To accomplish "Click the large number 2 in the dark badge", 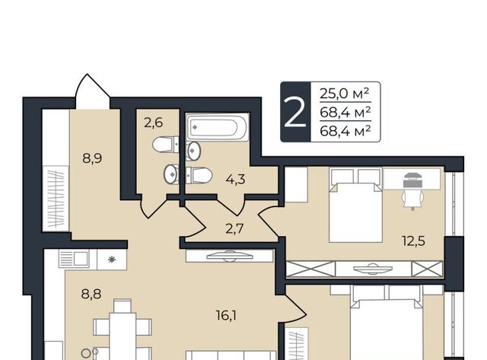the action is pyautogui.click(x=294, y=113).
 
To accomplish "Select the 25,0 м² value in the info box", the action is pyautogui.click(x=345, y=93).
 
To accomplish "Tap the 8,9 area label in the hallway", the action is pyautogui.click(x=92, y=159).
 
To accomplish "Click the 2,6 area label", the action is pyautogui.click(x=153, y=123).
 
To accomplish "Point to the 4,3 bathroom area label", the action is pyautogui.click(x=236, y=179).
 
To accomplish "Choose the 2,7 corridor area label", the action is pyautogui.click(x=234, y=230).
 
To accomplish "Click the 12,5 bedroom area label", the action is pyautogui.click(x=413, y=241).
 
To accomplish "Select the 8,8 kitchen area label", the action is pyautogui.click(x=91, y=294).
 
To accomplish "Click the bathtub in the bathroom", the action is pyautogui.click(x=218, y=127).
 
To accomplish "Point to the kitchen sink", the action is pyautogui.click(x=74, y=259).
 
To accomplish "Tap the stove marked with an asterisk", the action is pyautogui.click(x=112, y=260).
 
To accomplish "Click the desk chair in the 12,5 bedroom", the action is pyautogui.click(x=412, y=199).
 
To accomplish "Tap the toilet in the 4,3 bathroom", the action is pyautogui.click(x=199, y=176).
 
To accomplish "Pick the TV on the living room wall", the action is pyautogui.click(x=229, y=256).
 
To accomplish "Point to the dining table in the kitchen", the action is pyautogui.click(x=123, y=336).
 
